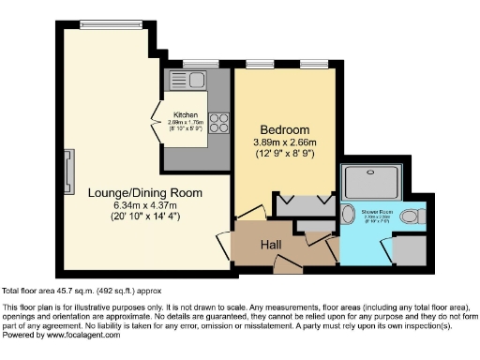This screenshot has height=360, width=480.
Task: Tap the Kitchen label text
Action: [185, 114]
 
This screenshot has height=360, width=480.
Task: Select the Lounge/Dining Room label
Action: [145, 192]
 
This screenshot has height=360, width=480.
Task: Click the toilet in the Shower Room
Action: [410, 217]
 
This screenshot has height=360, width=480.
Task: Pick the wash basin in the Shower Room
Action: [348, 218]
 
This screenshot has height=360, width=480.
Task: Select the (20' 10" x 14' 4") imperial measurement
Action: [145, 217]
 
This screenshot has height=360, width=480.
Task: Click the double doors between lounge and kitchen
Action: [157, 121]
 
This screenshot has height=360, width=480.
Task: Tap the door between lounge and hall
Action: [225, 246]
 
